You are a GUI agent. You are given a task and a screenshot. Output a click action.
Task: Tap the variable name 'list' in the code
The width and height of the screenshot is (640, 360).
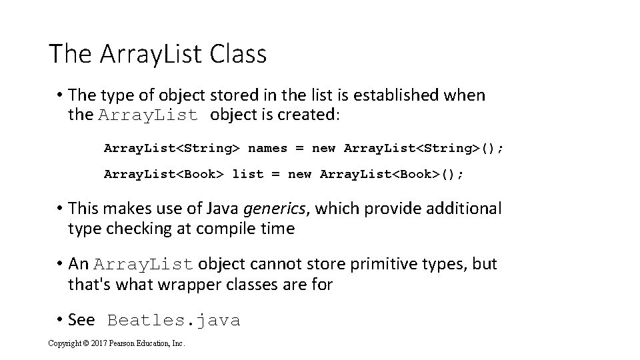click(248, 174)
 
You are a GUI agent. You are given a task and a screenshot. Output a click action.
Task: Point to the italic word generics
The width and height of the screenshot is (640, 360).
click(275, 209)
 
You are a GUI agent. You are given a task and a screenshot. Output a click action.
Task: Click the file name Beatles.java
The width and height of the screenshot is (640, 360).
click(173, 321)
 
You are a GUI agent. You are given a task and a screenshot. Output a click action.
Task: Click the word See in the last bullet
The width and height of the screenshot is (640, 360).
click(81, 320)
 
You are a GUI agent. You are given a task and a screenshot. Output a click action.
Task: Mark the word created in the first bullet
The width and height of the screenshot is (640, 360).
click(311, 115)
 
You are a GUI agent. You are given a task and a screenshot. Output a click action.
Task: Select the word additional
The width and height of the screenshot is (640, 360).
click(463, 209)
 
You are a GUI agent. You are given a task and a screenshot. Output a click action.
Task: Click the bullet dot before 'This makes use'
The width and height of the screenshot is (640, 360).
click(60, 209)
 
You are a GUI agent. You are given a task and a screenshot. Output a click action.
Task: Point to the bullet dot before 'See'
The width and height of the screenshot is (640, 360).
click(60, 321)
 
